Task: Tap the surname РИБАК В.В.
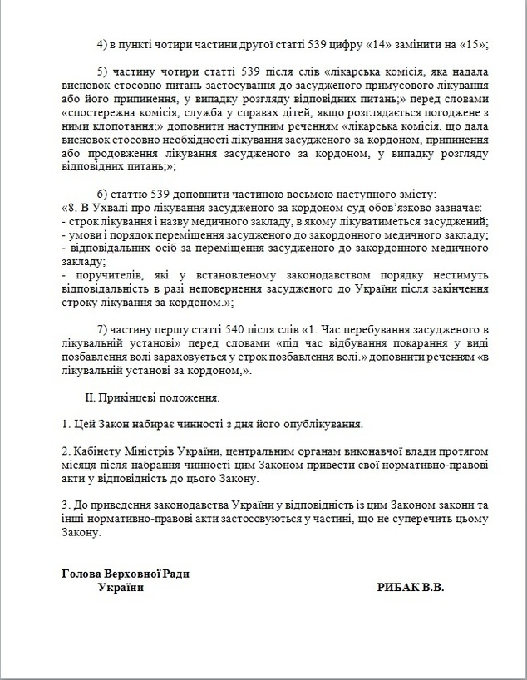(411, 587)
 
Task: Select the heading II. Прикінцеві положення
(153, 399)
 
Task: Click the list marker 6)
(104, 193)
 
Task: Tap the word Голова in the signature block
(83, 574)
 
